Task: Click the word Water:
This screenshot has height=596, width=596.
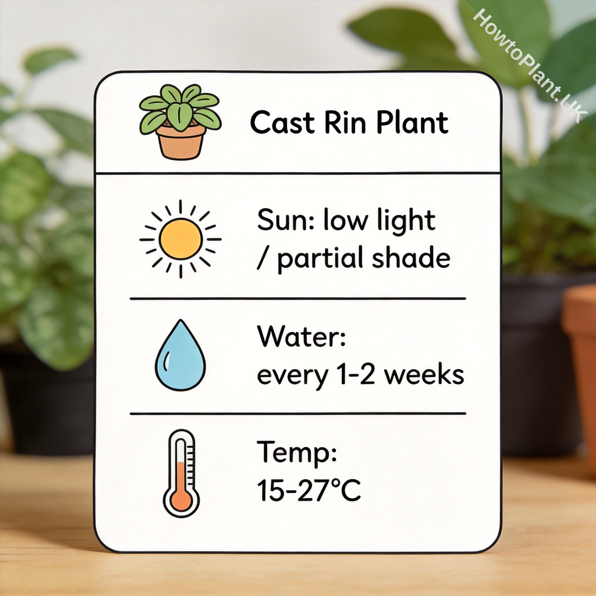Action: pyautogui.click(x=301, y=337)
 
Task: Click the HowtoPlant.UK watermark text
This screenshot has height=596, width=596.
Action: pyautogui.click(x=529, y=66)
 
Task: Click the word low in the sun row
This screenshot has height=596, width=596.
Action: pyautogui.click(x=345, y=220)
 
